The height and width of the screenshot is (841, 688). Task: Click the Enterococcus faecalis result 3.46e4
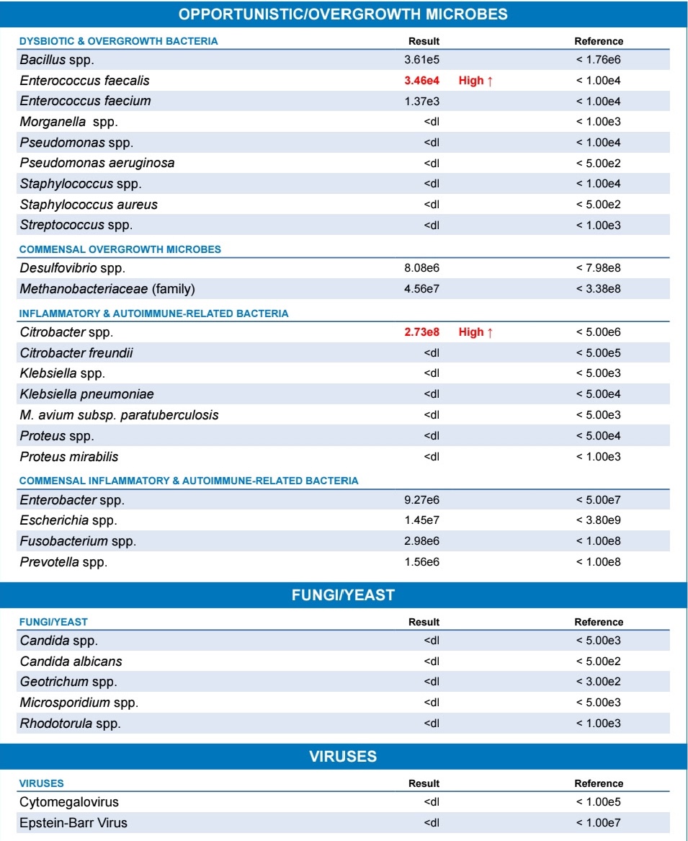point(422,80)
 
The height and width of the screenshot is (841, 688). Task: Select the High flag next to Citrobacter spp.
point(475,332)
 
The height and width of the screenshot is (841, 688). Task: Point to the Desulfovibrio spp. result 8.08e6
point(422,269)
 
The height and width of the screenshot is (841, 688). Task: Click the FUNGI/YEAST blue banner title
point(343,595)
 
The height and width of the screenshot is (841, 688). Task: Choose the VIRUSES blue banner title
point(343,757)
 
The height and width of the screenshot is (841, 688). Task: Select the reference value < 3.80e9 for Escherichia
point(598,520)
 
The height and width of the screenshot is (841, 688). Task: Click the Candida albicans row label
point(71,662)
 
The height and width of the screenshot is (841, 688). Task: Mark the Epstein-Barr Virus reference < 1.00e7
point(598,823)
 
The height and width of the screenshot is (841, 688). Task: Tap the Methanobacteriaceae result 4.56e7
point(422,290)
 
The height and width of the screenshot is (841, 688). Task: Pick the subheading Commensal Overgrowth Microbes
point(120,249)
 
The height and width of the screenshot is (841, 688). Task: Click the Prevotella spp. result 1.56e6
point(422,562)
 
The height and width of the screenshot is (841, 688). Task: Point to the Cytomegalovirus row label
point(69,802)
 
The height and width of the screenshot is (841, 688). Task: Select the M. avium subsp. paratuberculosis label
point(119,415)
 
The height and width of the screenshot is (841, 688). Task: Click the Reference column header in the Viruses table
point(599,783)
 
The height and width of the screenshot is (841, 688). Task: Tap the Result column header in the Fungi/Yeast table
point(424,622)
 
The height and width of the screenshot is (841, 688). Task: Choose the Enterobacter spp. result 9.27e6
point(422,499)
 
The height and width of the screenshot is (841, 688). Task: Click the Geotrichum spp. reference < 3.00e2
point(598,682)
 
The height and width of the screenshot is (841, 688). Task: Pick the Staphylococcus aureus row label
point(89,205)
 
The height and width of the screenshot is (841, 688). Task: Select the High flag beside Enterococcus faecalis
point(475,80)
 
